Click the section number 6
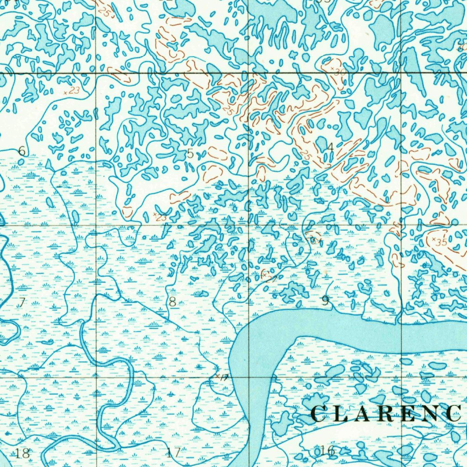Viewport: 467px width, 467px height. coord(21,151)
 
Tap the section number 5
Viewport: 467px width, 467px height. coord(190,154)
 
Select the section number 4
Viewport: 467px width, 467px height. coord(330,147)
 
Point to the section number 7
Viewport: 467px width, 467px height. coord(21,301)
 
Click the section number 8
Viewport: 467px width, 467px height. coord(172,301)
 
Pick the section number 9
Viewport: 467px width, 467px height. coord(325,300)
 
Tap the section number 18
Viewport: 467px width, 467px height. coord(22,453)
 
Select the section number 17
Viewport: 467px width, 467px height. coord(173,453)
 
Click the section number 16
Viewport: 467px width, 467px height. coord(327,451)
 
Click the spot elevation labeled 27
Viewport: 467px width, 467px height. coord(272,278)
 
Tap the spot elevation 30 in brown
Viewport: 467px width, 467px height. coord(339,72)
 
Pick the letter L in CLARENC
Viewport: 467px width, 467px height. coord(340,414)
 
